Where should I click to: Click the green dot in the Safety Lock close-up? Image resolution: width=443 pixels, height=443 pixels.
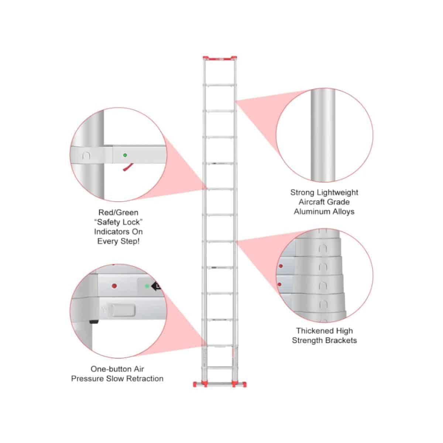pyautogui.click(x=125, y=155)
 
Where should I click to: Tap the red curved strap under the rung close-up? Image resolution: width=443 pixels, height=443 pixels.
pyautogui.click(x=128, y=167)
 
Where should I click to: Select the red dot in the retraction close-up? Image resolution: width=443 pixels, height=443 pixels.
pyautogui.click(x=114, y=286)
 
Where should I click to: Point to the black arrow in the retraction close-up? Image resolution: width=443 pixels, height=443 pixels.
pyautogui.click(x=156, y=286)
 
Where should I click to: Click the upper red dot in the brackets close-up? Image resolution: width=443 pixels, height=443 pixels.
pyautogui.click(x=281, y=266)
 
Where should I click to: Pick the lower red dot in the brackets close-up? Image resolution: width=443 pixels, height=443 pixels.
pyautogui.click(x=279, y=284)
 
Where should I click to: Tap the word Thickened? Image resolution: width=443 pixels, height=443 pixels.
pyautogui.click(x=314, y=330)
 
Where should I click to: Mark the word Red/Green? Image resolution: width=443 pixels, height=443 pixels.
pyautogui.click(x=119, y=212)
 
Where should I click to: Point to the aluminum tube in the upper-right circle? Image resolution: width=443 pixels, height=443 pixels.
pyautogui.click(x=323, y=135)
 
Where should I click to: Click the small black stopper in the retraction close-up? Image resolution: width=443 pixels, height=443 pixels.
pyautogui.click(x=93, y=322)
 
